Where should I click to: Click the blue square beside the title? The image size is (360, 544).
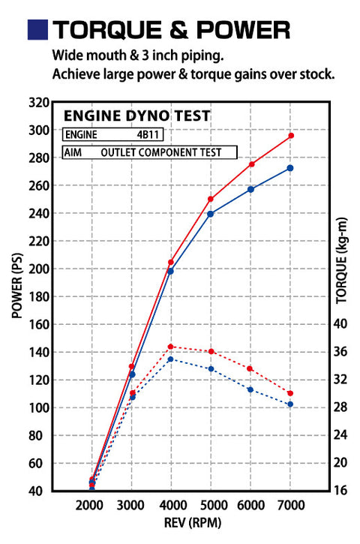click(37, 29)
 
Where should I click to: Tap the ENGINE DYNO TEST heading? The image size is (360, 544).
click(136, 116)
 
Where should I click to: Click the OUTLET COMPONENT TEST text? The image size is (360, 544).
click(161, 152)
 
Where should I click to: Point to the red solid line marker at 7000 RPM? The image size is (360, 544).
click(290, 136)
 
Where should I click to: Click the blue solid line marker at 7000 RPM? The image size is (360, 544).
click(290, 168)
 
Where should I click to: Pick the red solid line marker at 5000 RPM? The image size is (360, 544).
click(211, 200)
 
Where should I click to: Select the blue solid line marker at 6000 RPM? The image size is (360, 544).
click(250, 189)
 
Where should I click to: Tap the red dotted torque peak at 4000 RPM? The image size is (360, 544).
click(171, 347)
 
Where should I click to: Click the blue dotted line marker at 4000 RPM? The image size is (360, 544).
click(171, 359)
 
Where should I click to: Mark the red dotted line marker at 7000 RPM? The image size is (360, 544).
click(290, 393)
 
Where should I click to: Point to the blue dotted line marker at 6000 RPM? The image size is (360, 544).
click(250, 389)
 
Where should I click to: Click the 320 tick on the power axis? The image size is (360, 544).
click(39, 102)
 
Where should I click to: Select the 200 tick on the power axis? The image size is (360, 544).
click(39, 269)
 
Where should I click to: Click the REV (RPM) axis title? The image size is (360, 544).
click(190, 521)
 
